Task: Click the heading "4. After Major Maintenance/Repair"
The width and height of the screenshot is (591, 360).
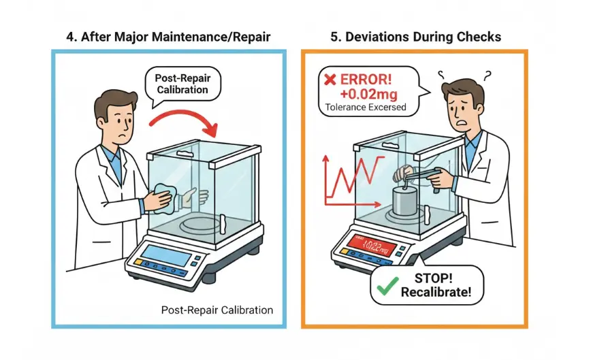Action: (x=167, y=37)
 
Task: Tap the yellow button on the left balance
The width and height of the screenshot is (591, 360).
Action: (x=138, y=261)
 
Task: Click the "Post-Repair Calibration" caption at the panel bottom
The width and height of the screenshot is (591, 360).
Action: (x=217, y=310)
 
